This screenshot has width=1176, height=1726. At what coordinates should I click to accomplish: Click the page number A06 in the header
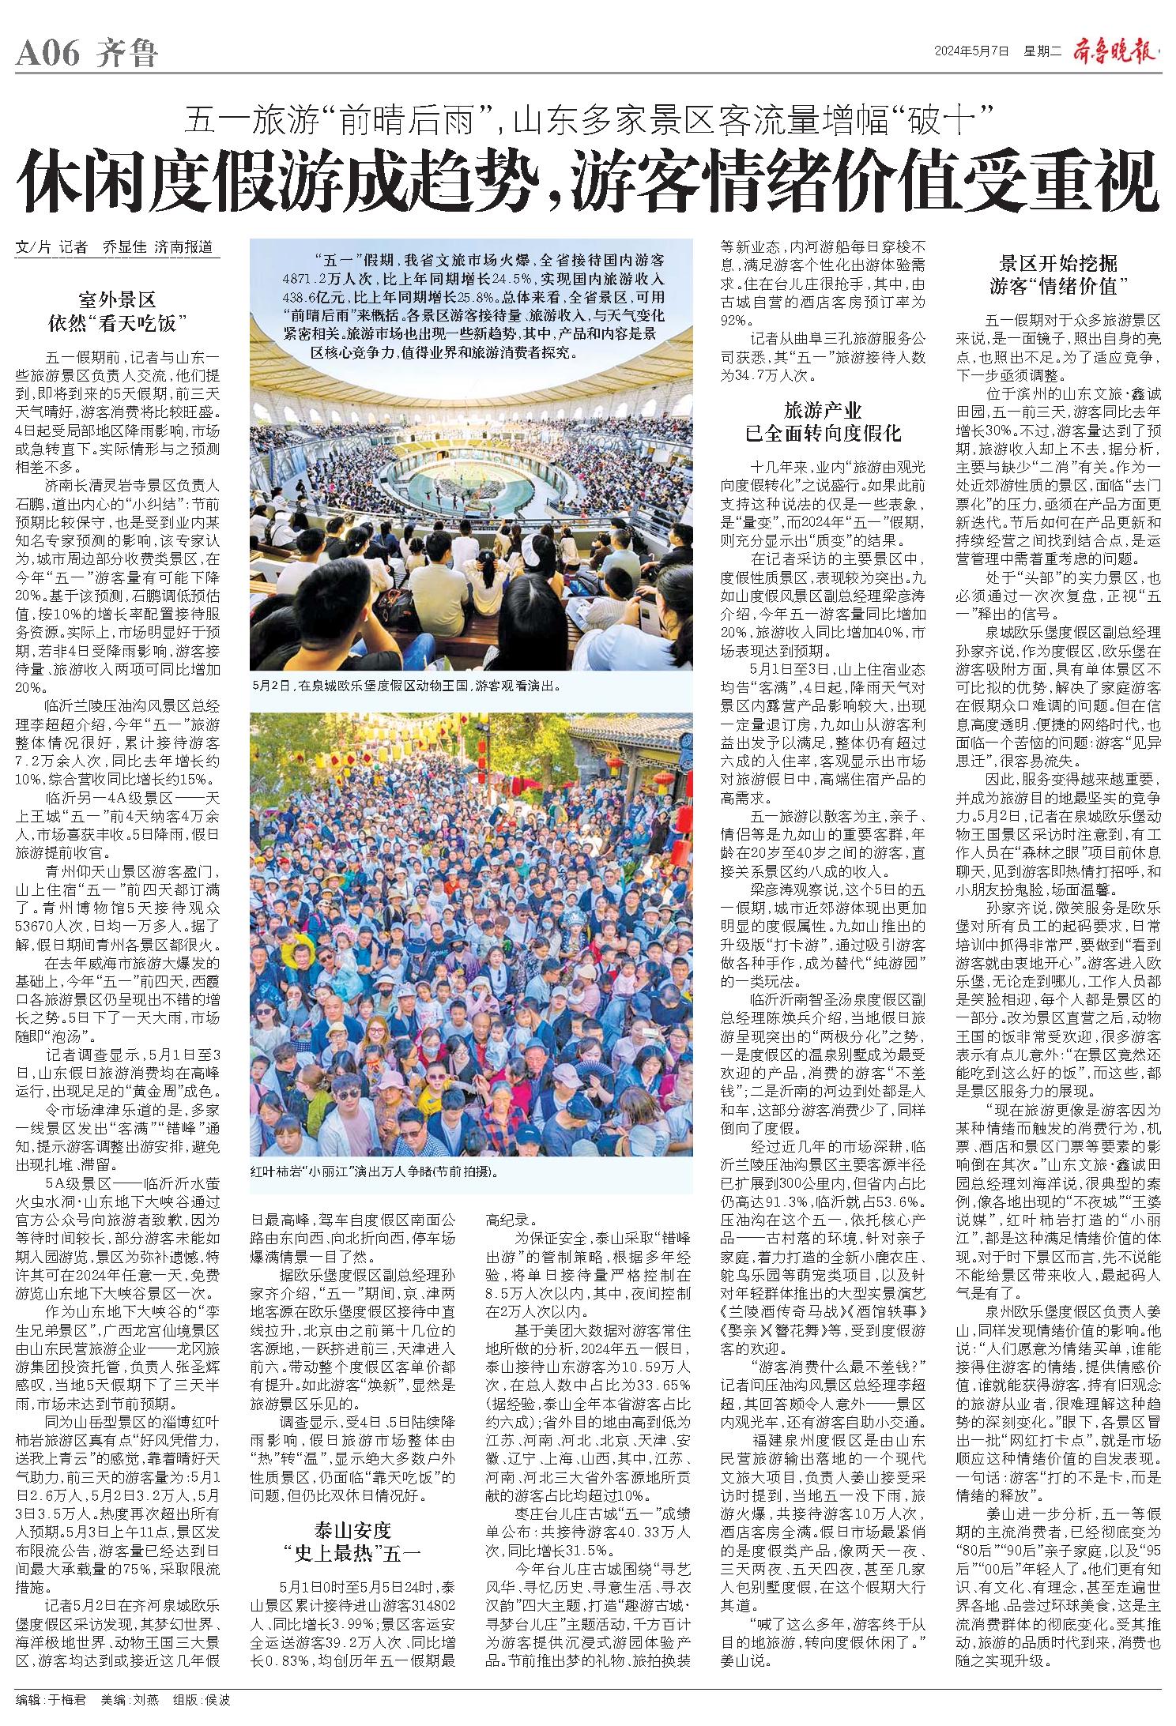48,55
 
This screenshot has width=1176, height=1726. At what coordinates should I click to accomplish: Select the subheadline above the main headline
588,121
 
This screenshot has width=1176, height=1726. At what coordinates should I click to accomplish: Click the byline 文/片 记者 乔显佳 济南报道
116,247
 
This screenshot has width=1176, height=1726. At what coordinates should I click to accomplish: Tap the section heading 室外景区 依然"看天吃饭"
117,310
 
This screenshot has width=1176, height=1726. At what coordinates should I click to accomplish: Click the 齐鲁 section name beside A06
127,55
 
